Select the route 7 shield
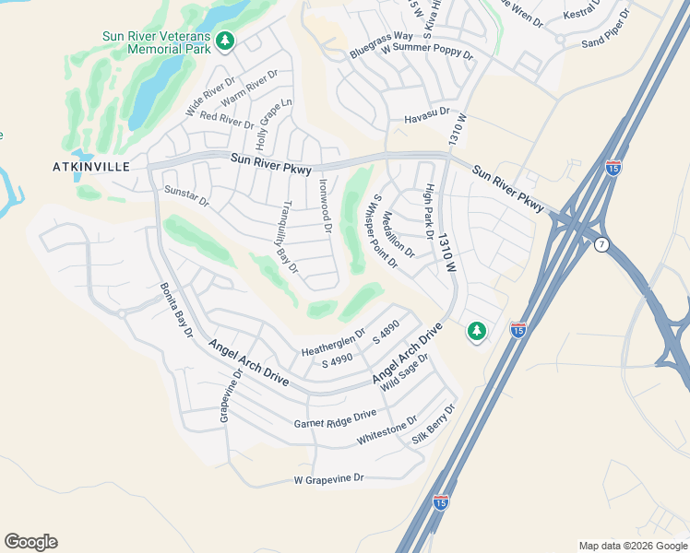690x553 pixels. coord(602,243)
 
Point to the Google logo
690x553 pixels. coord(30,542)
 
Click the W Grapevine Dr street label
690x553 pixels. coord(329,479)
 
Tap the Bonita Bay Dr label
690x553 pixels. coord(175,310)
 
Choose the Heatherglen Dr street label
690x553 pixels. coord(334,343)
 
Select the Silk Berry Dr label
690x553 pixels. coord(434,424)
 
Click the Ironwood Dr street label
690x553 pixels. coord(325,205)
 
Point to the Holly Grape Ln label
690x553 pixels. coord(274,124)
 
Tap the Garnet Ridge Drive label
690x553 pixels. coord(335,419)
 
